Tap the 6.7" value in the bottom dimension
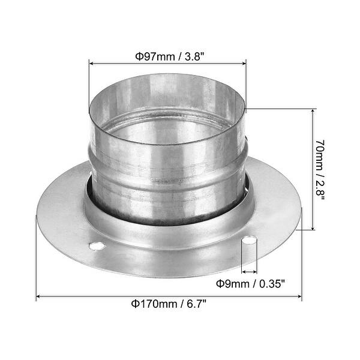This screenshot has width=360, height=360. (191, 304)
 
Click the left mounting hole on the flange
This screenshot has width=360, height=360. (96, 245)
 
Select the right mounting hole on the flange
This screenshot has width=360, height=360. (249, 241)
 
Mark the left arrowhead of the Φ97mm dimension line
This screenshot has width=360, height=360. (92, 62)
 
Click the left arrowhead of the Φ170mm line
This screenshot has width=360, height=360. (39, 296)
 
